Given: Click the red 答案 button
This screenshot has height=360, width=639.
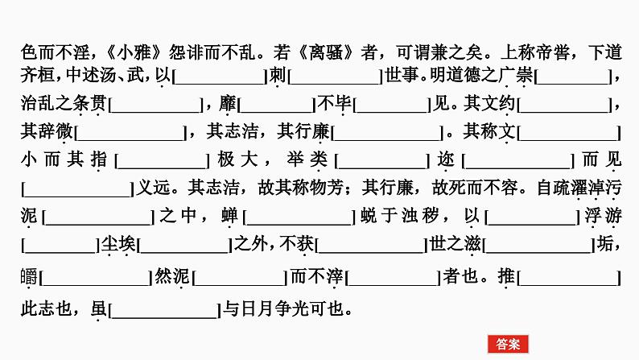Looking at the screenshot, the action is coord(508,344).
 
